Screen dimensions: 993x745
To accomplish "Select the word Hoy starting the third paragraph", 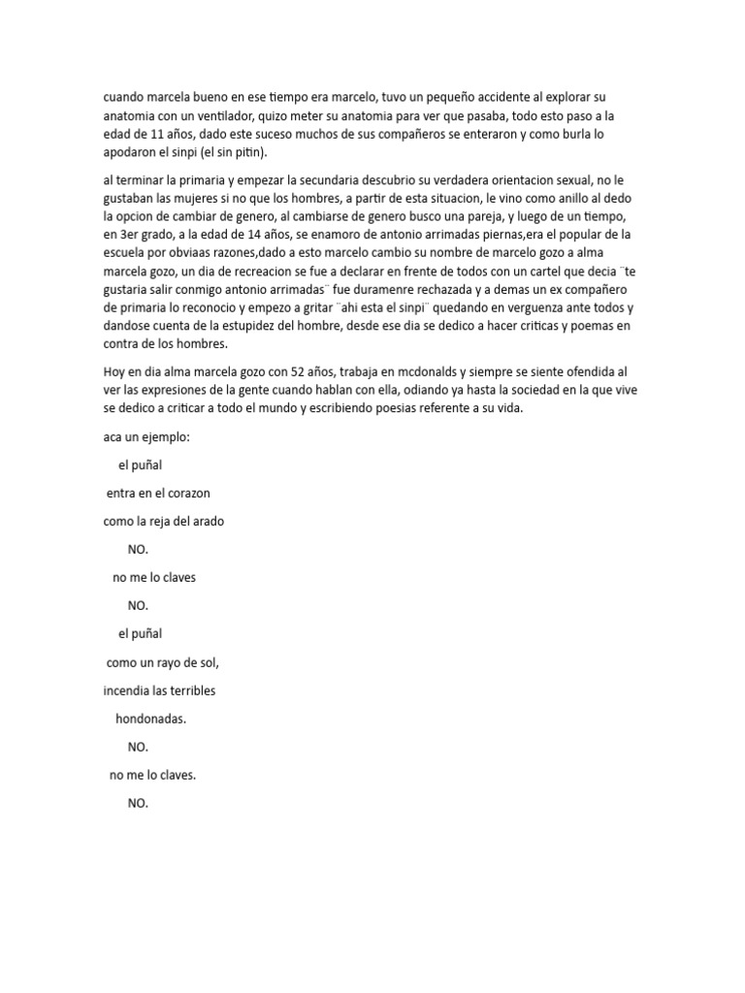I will [x=114, y=372].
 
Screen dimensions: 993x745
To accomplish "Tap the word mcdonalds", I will [x=425, y=372].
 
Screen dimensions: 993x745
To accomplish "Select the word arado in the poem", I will [x=207, y=521].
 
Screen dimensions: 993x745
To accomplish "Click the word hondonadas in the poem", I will [x=150, y=720].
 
